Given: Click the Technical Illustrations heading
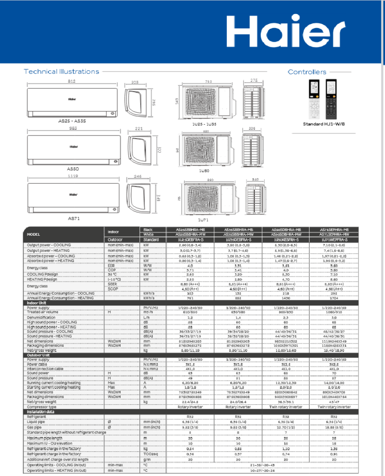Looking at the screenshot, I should pyautogui.click(x=61, y=72).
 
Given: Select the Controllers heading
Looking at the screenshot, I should pyautogui.click(x=307, y=72).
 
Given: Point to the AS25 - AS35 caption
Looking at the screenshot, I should pyautogui.click(x=72, y=121).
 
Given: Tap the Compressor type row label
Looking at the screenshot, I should pyautogui.click(x=42, y=407).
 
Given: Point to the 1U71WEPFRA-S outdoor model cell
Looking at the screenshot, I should pyautogui.click(x=333, y=239).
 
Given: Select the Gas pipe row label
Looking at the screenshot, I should pyautogui.click(x=35, y=427).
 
